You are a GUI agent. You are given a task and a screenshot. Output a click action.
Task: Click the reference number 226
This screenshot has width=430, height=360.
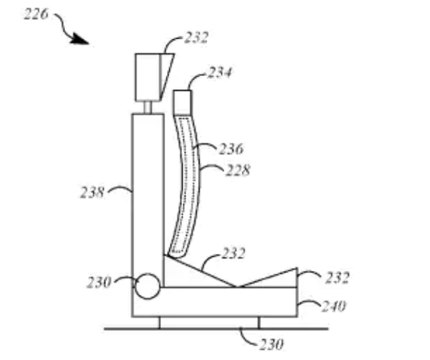pyautogui.click(x=36, y=14)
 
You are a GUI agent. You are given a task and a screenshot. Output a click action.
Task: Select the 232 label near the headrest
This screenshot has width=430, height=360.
pyautogui.click(x=196, y=37)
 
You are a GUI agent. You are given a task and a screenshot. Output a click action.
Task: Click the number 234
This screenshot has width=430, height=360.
pyautogui.click(x=219, y=72)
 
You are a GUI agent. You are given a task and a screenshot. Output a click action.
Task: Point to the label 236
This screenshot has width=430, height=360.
pyautogui.click(x=231, y=149)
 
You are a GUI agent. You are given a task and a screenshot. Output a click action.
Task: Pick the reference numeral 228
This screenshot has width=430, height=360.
pyautogui.click(x=238, y=170)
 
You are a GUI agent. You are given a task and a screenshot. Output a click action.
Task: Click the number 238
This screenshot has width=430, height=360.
pyautogui.click(x=92, y=192)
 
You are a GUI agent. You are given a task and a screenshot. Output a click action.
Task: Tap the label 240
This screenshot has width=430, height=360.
pyautogui.click(x=334, y=306)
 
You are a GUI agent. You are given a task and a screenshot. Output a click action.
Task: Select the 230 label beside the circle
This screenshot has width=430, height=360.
pyautogui.click(x=99, y=282)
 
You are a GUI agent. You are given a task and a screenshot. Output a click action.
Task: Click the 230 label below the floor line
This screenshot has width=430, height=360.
pyautogui.click(x=271, y=344)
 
